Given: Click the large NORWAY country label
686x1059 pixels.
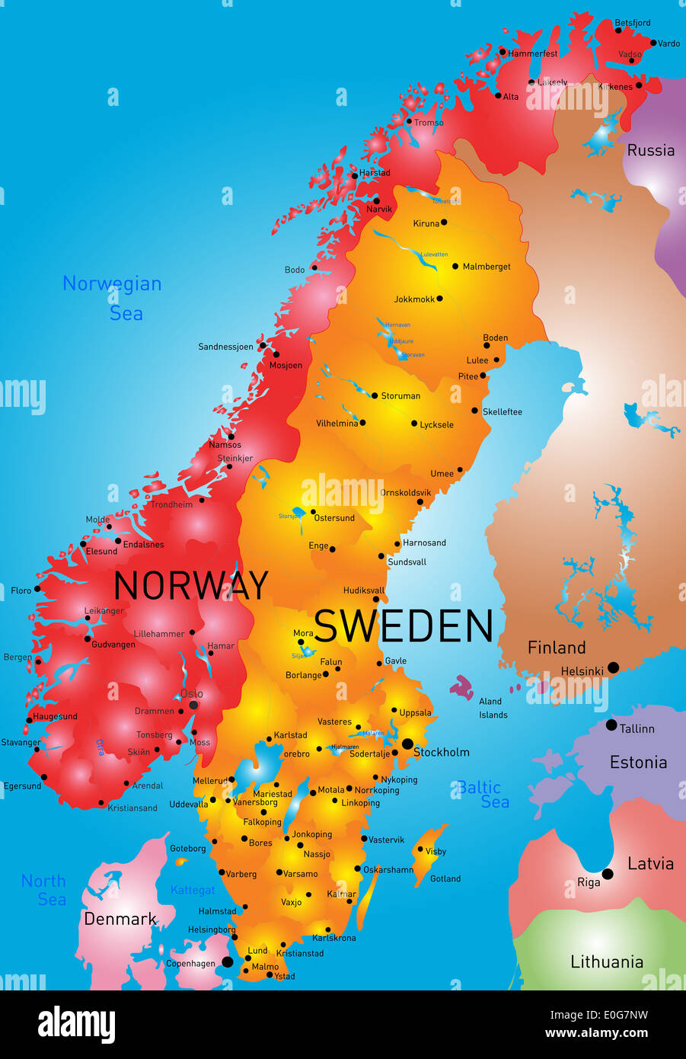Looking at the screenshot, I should [x=190, y=586].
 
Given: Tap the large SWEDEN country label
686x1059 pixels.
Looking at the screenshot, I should [x=404, y=626].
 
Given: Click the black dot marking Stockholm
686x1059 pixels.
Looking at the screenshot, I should [x=407, y=744].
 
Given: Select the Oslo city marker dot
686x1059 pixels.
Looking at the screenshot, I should [x=193, y=705].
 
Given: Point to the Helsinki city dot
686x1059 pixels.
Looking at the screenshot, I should [x=613, y=667].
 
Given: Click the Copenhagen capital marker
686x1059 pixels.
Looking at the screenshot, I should [x=227, y=961].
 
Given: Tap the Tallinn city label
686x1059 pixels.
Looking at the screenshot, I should [x=637, y=728].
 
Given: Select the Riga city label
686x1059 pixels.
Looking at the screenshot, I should [x=589, y=882].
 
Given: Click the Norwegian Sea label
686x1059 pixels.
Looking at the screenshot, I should [x=113, y=298].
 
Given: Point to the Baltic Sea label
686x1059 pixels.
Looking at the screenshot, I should [x=483, y=794].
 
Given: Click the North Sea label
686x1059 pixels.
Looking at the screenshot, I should [x=43, y=890].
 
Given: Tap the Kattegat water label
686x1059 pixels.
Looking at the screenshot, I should [x=193, y=890].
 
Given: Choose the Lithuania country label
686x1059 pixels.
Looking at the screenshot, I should [x=607, y=961].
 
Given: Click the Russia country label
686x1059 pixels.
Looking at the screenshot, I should [x=650, y=150].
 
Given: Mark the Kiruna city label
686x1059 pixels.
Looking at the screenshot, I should [x=426, y=223].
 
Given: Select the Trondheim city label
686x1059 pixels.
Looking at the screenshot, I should [x=171, y=504].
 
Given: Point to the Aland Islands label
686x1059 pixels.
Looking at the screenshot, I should [x=492, y=708].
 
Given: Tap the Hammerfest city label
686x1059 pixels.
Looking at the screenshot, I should [x=532, y=53].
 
